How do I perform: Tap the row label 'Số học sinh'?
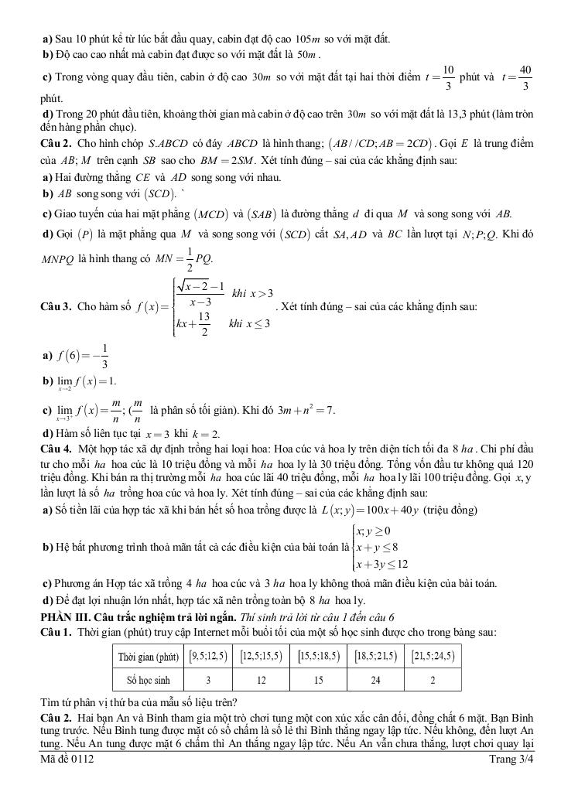(x=148, y=681)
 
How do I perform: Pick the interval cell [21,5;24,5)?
(x=433, y=656)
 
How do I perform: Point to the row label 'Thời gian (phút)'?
(x=148, y=657)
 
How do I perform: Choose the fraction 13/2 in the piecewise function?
(x=204, y=325)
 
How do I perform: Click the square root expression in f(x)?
(x=200, y=288)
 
